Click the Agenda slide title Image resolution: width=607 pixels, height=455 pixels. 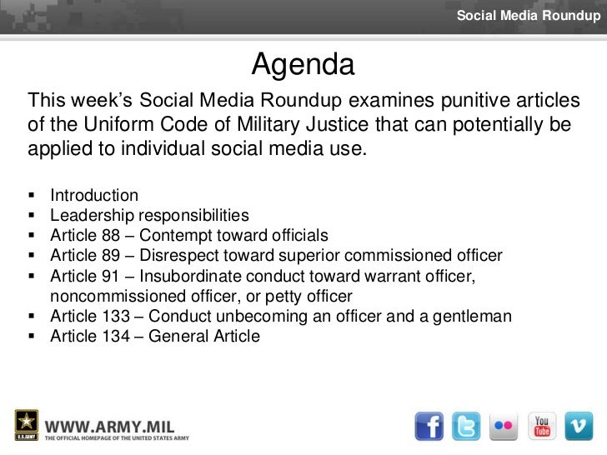point(303,64)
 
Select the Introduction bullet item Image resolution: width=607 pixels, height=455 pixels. point(94,197)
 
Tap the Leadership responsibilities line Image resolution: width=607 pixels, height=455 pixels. point(148,216)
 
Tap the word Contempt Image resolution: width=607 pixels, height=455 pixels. point(177,236)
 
